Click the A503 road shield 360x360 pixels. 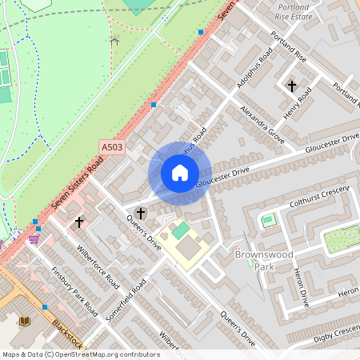coord(112,146)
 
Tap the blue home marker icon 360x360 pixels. coord(180,173)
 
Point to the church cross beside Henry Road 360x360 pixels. coord(291,85)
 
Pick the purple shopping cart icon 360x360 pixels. coord(33,239)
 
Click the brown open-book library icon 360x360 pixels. coord(24,321)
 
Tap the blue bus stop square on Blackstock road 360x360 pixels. coord(45,306)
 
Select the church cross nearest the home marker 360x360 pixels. coord(141,213)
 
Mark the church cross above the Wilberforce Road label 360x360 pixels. coord(79,222)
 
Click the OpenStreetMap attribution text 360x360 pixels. coord(81,354)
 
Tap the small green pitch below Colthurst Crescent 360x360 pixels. coord(267,219)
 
